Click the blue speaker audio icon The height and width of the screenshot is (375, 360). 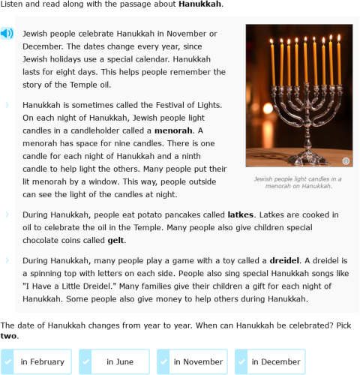pyautogui.click(x=7, y=34)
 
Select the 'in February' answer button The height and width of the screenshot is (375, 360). pyautogui.click(x=37, y=361)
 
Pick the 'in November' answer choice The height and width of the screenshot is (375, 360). pyautogui.click(x=192, y=361)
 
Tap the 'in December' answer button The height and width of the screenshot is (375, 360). pyautogui.click(x=270, y=361)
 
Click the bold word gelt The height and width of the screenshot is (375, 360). pyautogui.click(x=115, y=240)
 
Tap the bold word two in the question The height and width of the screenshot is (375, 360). pyautogui.click(x=8, y=335)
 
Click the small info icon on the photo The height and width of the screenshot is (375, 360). pyautogui.click(x=346, y=161)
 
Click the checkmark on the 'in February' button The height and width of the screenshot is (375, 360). pyautogui.click(x=9, y=361)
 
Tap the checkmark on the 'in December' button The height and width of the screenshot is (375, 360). pyautogui.click(x=242, y=361)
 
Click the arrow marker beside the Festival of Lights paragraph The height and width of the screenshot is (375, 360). pyautogui.click(x=7, y=106)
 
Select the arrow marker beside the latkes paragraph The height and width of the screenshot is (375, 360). pyautogui.click(x=7, y=214)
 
